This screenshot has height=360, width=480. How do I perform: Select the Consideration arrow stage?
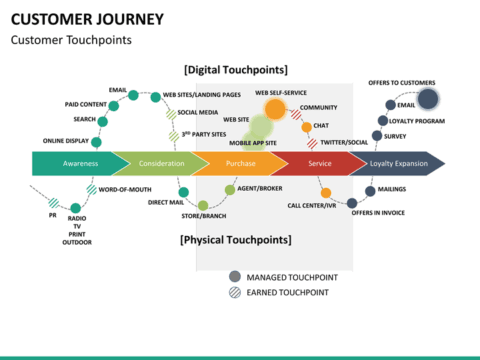point(161,163)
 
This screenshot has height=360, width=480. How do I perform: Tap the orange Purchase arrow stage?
point(240,163)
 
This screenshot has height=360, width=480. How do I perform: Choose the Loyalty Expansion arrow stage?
point(398,163)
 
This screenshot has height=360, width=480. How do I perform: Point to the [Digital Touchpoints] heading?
point(236,70)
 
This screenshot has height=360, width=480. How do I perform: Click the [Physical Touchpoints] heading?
point(236,240)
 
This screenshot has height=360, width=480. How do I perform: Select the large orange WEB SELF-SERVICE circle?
point(274,107)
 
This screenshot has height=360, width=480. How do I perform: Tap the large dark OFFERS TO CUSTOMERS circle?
point(428,98)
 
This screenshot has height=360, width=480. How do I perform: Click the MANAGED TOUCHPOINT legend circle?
point(235,277)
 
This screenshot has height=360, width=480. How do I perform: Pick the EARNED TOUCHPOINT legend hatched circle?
point(235,292)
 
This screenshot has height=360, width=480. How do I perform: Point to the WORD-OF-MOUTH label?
point(126,189)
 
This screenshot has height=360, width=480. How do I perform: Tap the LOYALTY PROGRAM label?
point(417,120)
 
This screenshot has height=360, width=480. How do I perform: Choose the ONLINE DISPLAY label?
point(66,141)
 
